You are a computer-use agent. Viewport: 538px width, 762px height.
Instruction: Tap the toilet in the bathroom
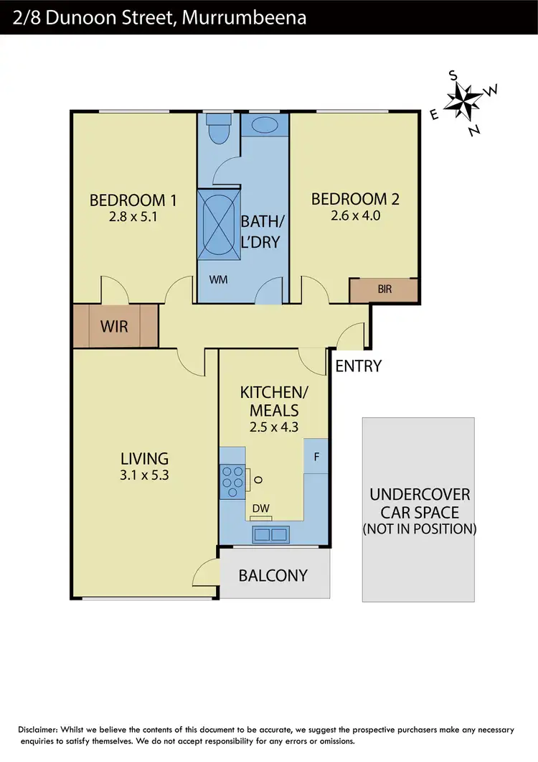(x=216, y=131)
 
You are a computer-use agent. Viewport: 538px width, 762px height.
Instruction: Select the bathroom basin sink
(x=264, y=124)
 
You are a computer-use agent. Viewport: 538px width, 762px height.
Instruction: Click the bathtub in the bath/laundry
(x=219, y=223)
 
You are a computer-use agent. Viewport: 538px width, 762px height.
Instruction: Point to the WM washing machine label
(x=218, y=279)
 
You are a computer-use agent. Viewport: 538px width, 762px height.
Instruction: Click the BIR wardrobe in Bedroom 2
(x=384, y=290)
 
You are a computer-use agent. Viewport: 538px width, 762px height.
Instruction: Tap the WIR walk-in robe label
(x=114, y=327)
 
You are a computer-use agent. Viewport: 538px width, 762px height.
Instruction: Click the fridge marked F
(x=316, y=457)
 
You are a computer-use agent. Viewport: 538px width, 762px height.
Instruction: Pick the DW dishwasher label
(x=261, y=508)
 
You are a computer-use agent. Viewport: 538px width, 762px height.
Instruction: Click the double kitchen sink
(x=270, y=534)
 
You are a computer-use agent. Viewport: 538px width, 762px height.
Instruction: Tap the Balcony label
(x=273, y=575)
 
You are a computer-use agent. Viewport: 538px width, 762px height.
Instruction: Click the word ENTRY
(x=358, y=366)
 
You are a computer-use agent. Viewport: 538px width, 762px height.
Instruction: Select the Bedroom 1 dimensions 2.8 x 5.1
(x=133, y=215)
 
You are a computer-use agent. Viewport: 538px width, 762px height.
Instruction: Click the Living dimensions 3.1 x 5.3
(x=144, y=474)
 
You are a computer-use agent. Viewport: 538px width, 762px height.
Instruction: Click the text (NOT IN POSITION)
(x=419, y=529)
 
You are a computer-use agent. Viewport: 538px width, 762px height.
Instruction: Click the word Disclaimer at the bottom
(x=41, y=730)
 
